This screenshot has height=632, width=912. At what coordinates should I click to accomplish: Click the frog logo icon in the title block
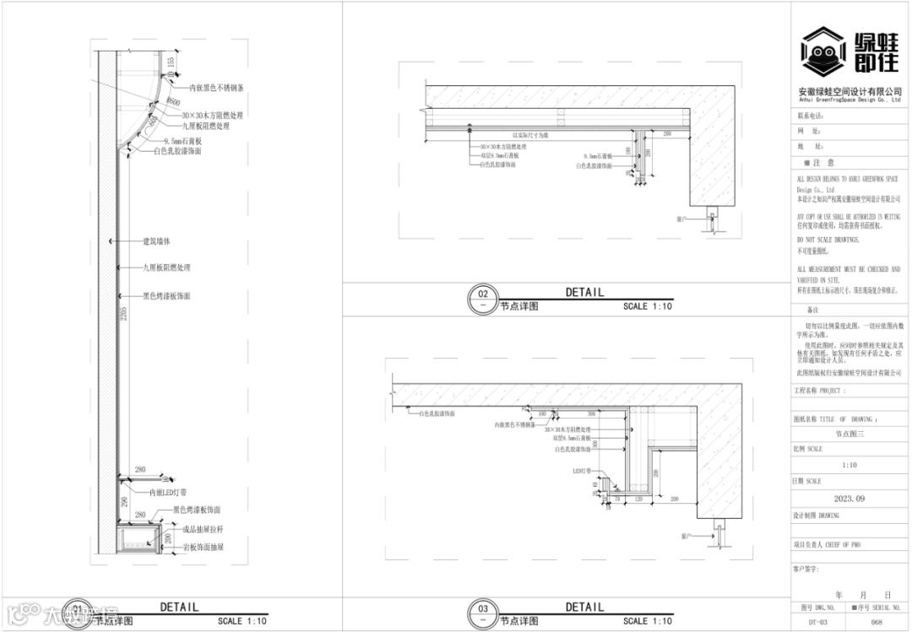[823, 51]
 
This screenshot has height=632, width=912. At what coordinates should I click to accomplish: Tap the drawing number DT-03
[809, 620]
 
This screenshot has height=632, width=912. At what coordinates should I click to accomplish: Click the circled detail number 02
[483, 294]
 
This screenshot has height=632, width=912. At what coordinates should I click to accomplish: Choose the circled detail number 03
[483, 608]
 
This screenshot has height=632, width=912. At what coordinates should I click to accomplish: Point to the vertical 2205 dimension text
[123, 314]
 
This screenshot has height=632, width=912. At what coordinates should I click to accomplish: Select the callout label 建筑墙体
[157, 241]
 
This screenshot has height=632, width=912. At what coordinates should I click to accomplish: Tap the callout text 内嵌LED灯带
[168, 492]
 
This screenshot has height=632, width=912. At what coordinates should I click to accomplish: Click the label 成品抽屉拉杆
[203, 529]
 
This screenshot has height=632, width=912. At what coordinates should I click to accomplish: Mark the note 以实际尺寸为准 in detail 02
[531, 135]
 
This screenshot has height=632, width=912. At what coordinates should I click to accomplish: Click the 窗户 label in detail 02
[682, 217]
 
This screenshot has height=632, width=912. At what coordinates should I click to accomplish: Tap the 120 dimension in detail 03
[639, 500]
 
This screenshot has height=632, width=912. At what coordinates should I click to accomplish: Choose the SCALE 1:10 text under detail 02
[648, 306]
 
